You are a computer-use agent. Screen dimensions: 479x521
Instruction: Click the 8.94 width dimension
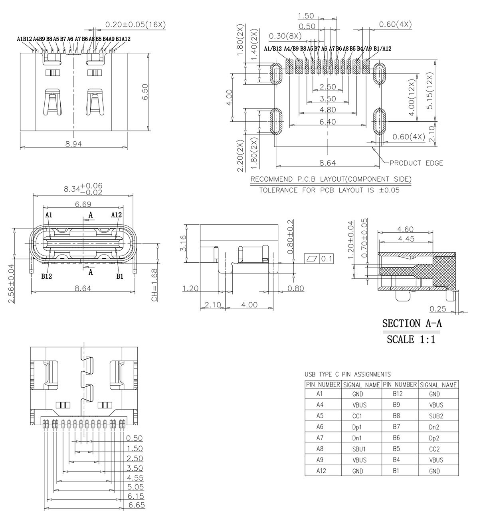(x=73, y=144)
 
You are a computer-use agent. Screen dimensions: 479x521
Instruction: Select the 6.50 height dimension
(x=145, y=92)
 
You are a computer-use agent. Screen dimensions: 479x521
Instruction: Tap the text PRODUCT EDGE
(x=416, y=163)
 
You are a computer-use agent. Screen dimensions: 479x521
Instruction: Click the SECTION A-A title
(x=412, y=323)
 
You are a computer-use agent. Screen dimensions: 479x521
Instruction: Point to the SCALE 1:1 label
(x=411, y=339)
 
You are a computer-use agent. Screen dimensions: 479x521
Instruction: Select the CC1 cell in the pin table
(x=357, y=416)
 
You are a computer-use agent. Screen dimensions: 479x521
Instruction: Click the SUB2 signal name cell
(x=436, y=416)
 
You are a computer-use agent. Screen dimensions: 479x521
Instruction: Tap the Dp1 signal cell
(x=357, y=427)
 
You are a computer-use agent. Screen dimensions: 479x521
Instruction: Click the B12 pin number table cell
(x=398, y=394)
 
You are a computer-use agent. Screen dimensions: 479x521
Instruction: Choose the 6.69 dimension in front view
(x=83, y=204)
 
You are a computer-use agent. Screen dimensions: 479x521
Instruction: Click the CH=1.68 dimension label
(x=154, y=285)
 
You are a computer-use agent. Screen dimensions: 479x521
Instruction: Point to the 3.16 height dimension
(x=183, y=244)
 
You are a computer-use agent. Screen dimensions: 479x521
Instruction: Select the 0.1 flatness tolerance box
(x=319, y=259)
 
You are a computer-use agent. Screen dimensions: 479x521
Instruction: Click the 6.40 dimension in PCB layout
(x=328, y=121)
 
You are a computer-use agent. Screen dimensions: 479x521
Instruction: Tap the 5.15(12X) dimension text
(x=430, y=90)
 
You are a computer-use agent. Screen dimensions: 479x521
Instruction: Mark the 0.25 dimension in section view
(x=438, y=309)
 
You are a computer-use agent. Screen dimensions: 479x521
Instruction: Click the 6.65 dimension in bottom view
(x=137, y=505)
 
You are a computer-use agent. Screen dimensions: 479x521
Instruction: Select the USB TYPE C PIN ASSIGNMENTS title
(x=348, y=374)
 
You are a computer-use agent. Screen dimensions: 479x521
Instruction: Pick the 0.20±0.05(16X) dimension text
(x=135, y=25)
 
